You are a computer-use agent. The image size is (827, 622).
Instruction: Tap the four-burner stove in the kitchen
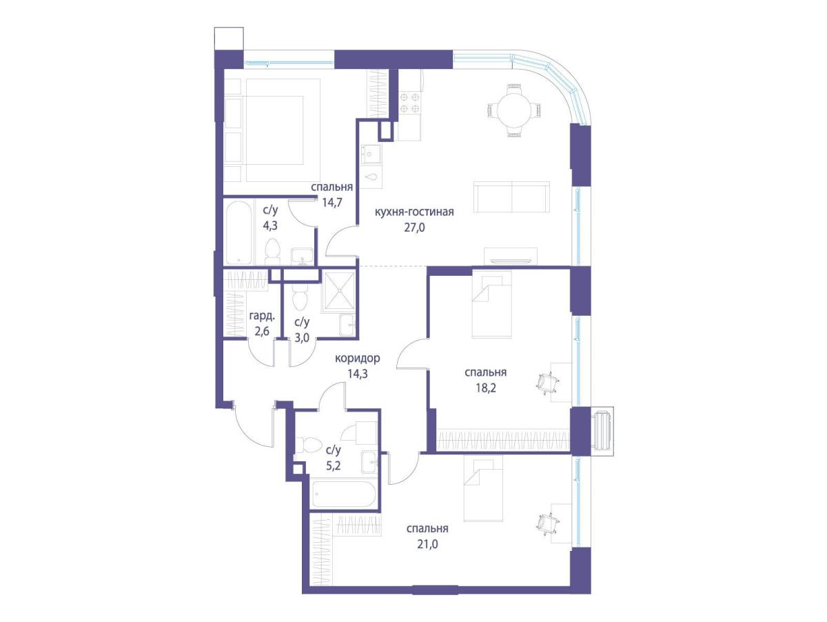(x=409, y=103)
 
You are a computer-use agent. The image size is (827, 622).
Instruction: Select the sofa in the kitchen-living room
(x=511, y=197)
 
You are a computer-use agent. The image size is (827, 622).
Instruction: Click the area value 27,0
(x=414, y=228)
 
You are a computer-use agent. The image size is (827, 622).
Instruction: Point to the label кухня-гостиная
(x=414, y=212)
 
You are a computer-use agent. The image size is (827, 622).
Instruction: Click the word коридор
(x=358, y=358)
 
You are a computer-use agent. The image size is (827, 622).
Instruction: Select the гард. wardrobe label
(x=263, y=316)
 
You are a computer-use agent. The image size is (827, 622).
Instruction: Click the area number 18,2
(x=486, y=388)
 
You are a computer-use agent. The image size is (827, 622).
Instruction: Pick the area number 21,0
(x=428, y=544)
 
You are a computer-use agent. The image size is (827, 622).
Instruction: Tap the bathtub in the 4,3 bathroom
(x=238, y=233)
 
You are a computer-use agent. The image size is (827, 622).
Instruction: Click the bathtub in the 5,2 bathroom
(x=344, y=494)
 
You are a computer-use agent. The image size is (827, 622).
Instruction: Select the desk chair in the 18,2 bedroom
(x=547, y=384)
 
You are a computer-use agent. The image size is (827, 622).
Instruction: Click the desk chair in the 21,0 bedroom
(x=547, y=523)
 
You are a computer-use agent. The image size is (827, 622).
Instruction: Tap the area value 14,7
(x=332, y=203)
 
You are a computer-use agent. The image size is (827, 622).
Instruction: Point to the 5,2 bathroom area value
(x=334, y=466)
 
